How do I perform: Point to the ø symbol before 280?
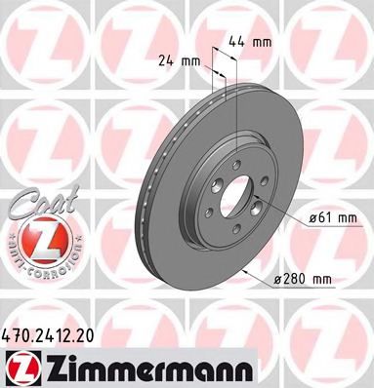coord(274,279)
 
